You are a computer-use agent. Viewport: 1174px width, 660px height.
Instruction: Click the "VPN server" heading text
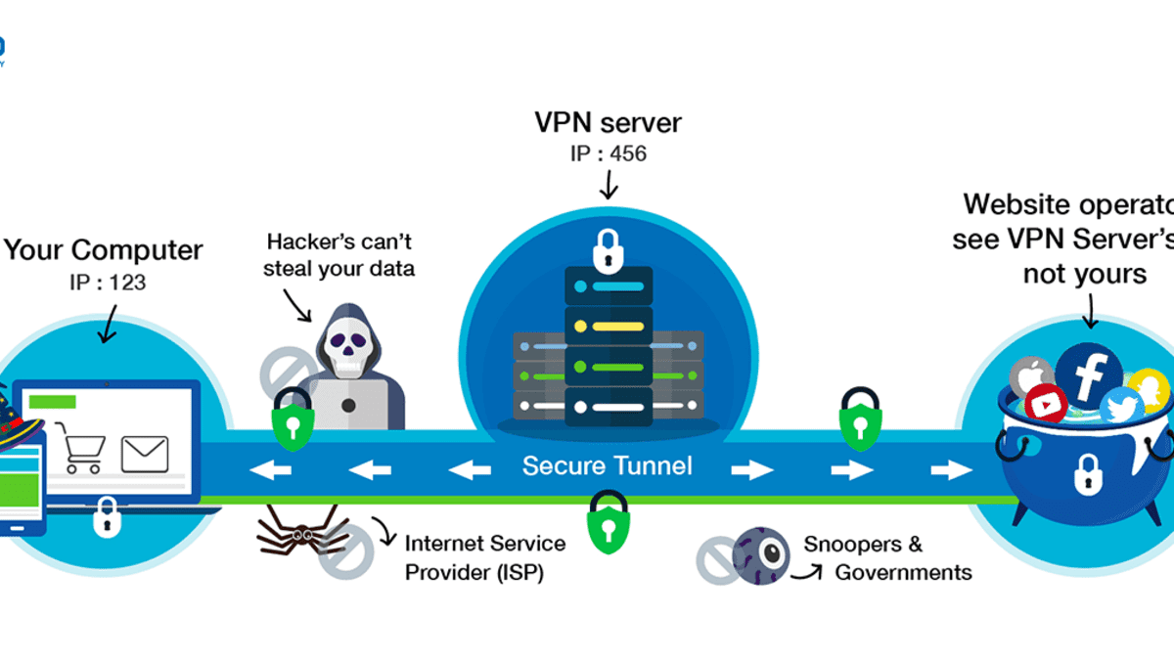pos(608,124)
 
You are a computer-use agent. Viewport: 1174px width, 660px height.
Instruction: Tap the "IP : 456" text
pos(608,154)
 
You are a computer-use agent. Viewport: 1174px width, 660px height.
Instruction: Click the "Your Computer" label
pos(103,250)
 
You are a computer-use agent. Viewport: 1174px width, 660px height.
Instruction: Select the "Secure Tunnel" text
pos(607,465)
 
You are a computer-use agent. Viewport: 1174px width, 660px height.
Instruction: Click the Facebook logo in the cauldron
pos(1088,372)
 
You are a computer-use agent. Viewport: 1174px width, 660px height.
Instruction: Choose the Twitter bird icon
pos(1121,406)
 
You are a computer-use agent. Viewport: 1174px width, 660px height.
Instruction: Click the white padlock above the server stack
pos(608,251)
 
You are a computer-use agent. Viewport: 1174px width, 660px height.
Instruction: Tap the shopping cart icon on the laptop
pos(82,449)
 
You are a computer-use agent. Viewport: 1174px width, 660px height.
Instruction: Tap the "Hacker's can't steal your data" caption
pos(339,253)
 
